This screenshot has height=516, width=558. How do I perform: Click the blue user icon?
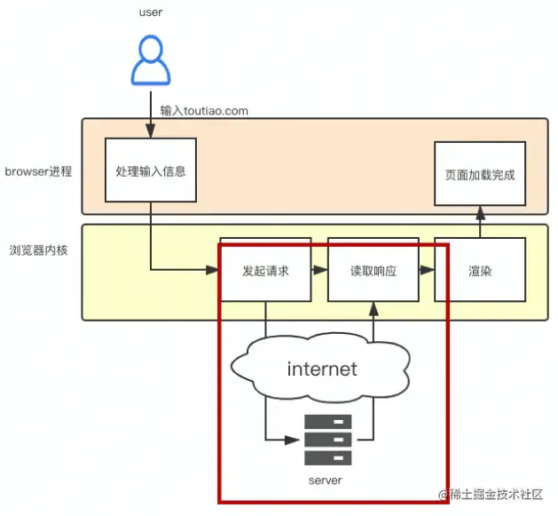pos(150,62)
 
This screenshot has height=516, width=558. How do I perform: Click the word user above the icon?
pos(150,12)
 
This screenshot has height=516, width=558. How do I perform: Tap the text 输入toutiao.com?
pos(204,111)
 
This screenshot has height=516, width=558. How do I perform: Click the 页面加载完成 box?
pos(480,174)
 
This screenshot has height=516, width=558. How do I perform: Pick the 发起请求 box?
pos(265,270)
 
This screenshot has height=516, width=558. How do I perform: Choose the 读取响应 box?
pos(373,270)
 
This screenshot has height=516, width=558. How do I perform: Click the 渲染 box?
pos(480,270)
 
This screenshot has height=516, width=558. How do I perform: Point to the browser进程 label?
pos(38,171)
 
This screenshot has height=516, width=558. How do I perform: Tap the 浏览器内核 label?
pos(38,250)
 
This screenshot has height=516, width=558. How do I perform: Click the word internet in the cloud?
pos(322,368)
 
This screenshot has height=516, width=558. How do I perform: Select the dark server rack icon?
pos(327,440)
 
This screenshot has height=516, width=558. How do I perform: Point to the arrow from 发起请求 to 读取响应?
pos(319,270)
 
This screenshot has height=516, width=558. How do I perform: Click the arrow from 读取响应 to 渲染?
pos(427,270)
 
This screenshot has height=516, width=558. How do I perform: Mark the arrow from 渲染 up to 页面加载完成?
pos(480,222)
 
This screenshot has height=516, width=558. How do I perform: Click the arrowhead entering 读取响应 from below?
pos(373,308)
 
